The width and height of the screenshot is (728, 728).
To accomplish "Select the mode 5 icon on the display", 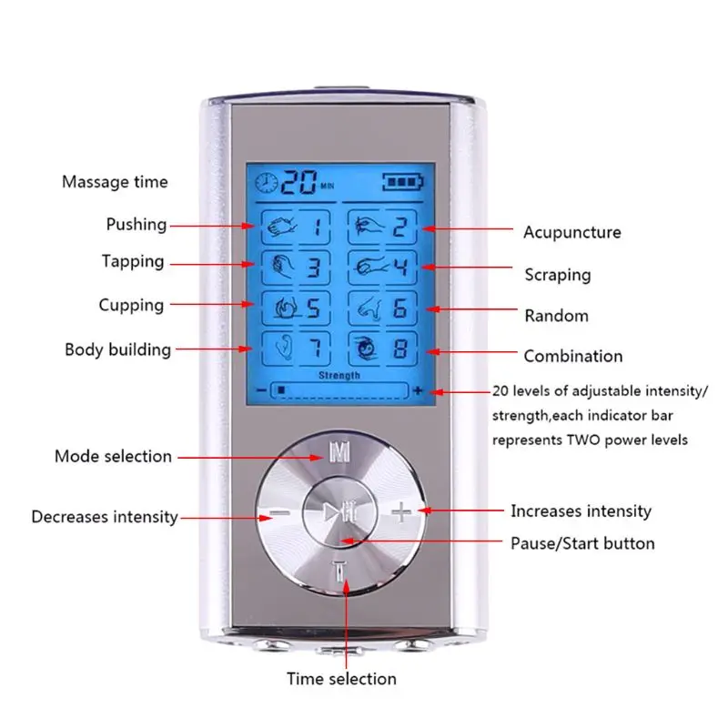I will click(x=292, y=307).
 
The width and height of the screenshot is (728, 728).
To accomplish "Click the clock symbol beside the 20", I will click(x=268, y=182).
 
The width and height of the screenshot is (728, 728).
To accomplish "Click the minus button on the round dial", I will click(x=278, y=513).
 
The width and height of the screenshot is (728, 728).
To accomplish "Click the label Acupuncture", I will click(x=571, y=232).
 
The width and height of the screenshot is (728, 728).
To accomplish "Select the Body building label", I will click(x=117, y=349).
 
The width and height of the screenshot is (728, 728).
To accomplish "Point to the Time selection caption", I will click(x=341, y=678).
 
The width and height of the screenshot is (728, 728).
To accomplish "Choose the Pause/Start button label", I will click(x=582, y=543).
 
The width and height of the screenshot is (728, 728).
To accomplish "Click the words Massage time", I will click(x=115, y=182).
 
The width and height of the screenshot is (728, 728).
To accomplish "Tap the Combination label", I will click(x=573, y=356).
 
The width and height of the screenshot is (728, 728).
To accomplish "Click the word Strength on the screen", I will click(x=339, y=375).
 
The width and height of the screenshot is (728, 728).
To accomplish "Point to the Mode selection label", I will click(x=113, y=456).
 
